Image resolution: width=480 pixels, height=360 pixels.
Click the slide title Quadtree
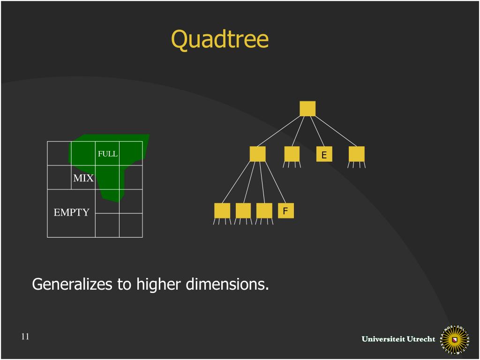coord(220,39)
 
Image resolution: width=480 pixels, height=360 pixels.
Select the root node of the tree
coord(307,108)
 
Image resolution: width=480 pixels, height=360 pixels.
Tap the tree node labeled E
coord(324,154)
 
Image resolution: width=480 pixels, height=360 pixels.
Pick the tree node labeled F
coord(285,211)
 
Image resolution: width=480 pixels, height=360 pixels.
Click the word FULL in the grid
coord(107,154)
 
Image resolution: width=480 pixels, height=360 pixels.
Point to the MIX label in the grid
coord(83,178)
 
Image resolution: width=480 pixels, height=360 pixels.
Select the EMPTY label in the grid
coord(71,212)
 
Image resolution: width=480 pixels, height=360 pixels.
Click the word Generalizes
coord(72,284)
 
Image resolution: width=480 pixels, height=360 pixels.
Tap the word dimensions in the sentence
coord(227,284)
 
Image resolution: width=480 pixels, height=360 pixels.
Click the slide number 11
coord(25,336)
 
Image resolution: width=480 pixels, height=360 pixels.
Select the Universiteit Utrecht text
coord(398,339)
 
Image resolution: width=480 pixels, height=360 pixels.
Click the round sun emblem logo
coord(454,338)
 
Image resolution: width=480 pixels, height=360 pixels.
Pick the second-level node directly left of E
coord(292,154)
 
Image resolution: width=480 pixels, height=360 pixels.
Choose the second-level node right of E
coord(357,154)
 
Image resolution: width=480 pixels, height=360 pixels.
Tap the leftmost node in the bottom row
coord(222,211)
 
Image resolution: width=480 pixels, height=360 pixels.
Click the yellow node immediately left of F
coord(264,211)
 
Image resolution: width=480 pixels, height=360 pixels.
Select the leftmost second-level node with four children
coord(258,154)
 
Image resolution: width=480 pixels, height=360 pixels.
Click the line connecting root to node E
coord(316,131)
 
